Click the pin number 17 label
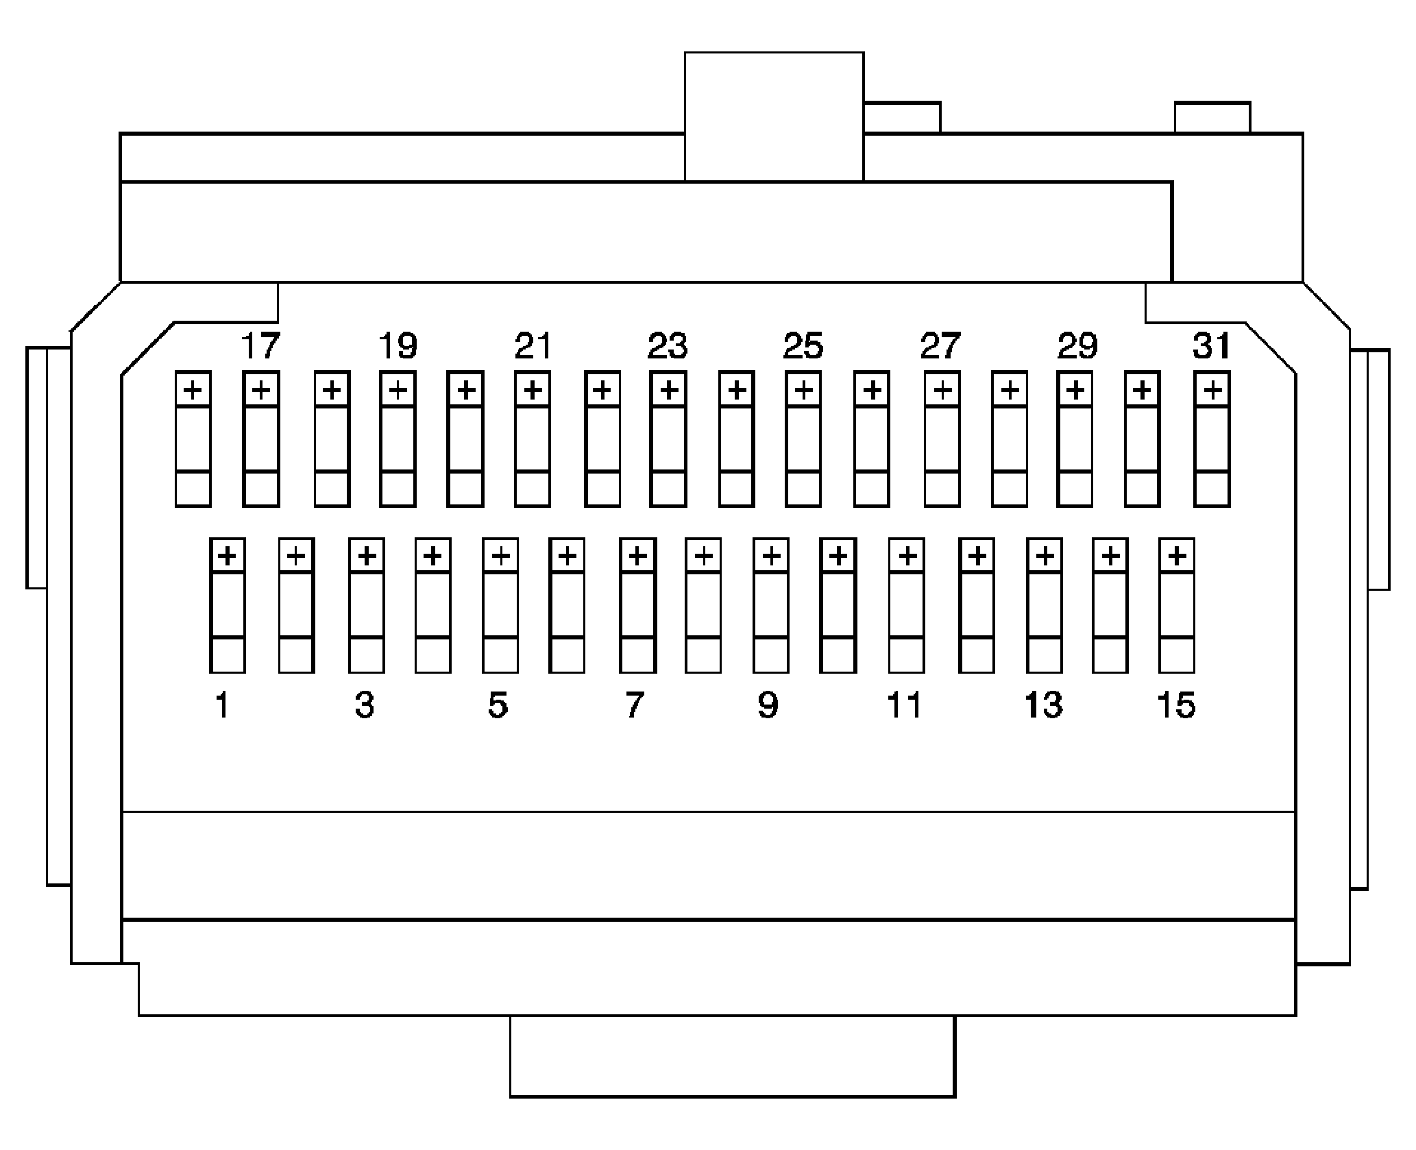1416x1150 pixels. tap(261, 345)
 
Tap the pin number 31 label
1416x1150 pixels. tap(1212, 345)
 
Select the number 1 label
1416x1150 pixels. tap(222, 705)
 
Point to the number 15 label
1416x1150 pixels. tap(1176, 705)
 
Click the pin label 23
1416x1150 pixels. tap(668, 345)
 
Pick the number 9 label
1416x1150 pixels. tap(768, 705)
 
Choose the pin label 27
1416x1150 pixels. tap(940, 345)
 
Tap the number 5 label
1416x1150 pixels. tap(498, 705)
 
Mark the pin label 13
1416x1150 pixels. tap(1044, 705)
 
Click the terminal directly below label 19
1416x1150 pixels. tap(398, 439)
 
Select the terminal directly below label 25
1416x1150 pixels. tap(803, 439)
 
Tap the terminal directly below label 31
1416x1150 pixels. tap(1212, 439)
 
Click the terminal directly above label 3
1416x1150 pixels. tap(366, 605)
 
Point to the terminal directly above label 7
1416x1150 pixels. tap(637, 605)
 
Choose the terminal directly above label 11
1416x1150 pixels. tap(906, 605)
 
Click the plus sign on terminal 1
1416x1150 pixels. tap(228, 555)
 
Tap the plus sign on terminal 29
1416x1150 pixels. tap(1075, 390)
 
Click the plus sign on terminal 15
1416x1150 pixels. tap(1177, 555)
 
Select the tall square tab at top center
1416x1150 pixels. tap(774, 117)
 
